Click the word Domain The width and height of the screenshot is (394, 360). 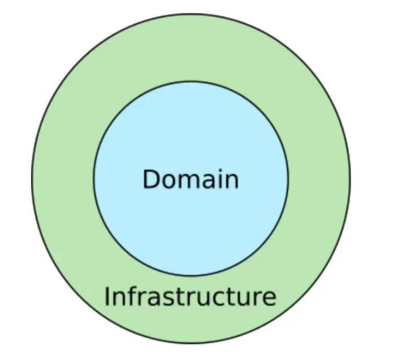coord(190,179)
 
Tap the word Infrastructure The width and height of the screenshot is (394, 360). coord(190,297)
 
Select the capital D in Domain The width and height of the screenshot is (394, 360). coord(151,179)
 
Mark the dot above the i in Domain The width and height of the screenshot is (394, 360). coord(218,170)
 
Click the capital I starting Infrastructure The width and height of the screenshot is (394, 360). coord(107,297)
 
